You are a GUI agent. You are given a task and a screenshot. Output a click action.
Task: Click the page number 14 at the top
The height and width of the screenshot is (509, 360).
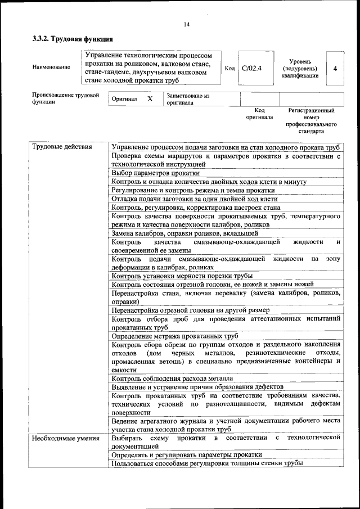pos(186,24)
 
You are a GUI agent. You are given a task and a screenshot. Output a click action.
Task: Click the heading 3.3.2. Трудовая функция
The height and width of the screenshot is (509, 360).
pos(72,39)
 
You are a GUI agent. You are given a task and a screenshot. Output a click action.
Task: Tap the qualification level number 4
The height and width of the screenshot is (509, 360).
pos(335,68)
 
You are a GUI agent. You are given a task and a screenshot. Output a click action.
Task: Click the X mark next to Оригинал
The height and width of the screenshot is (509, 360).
pos(150,99)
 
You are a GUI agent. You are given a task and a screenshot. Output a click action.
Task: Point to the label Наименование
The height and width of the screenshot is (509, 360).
pos(51,67)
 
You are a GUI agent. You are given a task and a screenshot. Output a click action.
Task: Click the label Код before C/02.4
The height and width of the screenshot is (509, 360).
pos(229,68)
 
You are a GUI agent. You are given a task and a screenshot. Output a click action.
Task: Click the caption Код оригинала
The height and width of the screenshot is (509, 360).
pos(259,114)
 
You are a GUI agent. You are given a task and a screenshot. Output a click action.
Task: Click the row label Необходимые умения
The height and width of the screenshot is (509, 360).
pos(65,438)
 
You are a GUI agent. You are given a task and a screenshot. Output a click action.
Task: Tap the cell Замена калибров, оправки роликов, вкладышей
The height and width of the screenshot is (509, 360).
pos(184,233)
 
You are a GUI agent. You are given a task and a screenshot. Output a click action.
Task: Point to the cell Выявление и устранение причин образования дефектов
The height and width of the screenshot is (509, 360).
pos(197,387)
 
